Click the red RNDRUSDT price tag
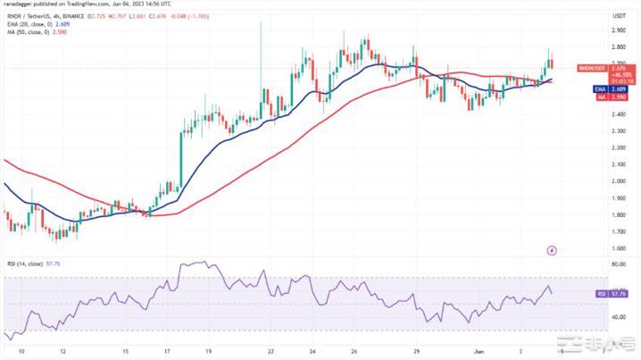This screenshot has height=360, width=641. [591, 67]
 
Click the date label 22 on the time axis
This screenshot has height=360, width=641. [270, 351]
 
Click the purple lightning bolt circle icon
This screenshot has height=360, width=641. [553, 250]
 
